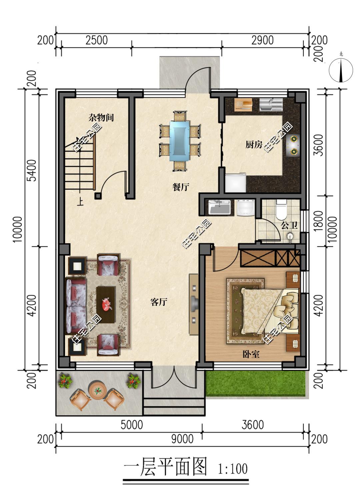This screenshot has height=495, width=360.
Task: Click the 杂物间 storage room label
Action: [x=101, y=117]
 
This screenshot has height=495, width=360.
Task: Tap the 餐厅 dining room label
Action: [x=181, y=187]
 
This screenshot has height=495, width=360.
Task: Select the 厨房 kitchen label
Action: [x=254, y=145]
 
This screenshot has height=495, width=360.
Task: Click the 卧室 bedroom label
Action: [x=251, y=354]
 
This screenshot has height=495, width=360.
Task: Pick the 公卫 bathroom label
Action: [x=289, y=225]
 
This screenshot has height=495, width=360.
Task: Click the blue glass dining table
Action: [x=180, y=140]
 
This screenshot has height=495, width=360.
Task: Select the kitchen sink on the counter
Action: [x=271, y=104]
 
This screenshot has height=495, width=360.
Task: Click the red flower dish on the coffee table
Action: [x=107, y=304]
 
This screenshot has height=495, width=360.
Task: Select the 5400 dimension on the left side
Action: [x=32, y=170]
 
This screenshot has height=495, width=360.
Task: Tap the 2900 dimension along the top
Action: [x=262, y=40]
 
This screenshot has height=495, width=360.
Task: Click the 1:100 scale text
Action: [x=233, y=469]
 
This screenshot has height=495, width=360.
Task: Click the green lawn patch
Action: [x=256, y=383]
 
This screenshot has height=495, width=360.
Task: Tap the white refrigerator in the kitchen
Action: [x=236, y=182]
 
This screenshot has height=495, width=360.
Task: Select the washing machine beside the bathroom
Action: [x=246, y=207]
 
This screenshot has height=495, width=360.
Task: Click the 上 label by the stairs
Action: [x=80, y=202]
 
